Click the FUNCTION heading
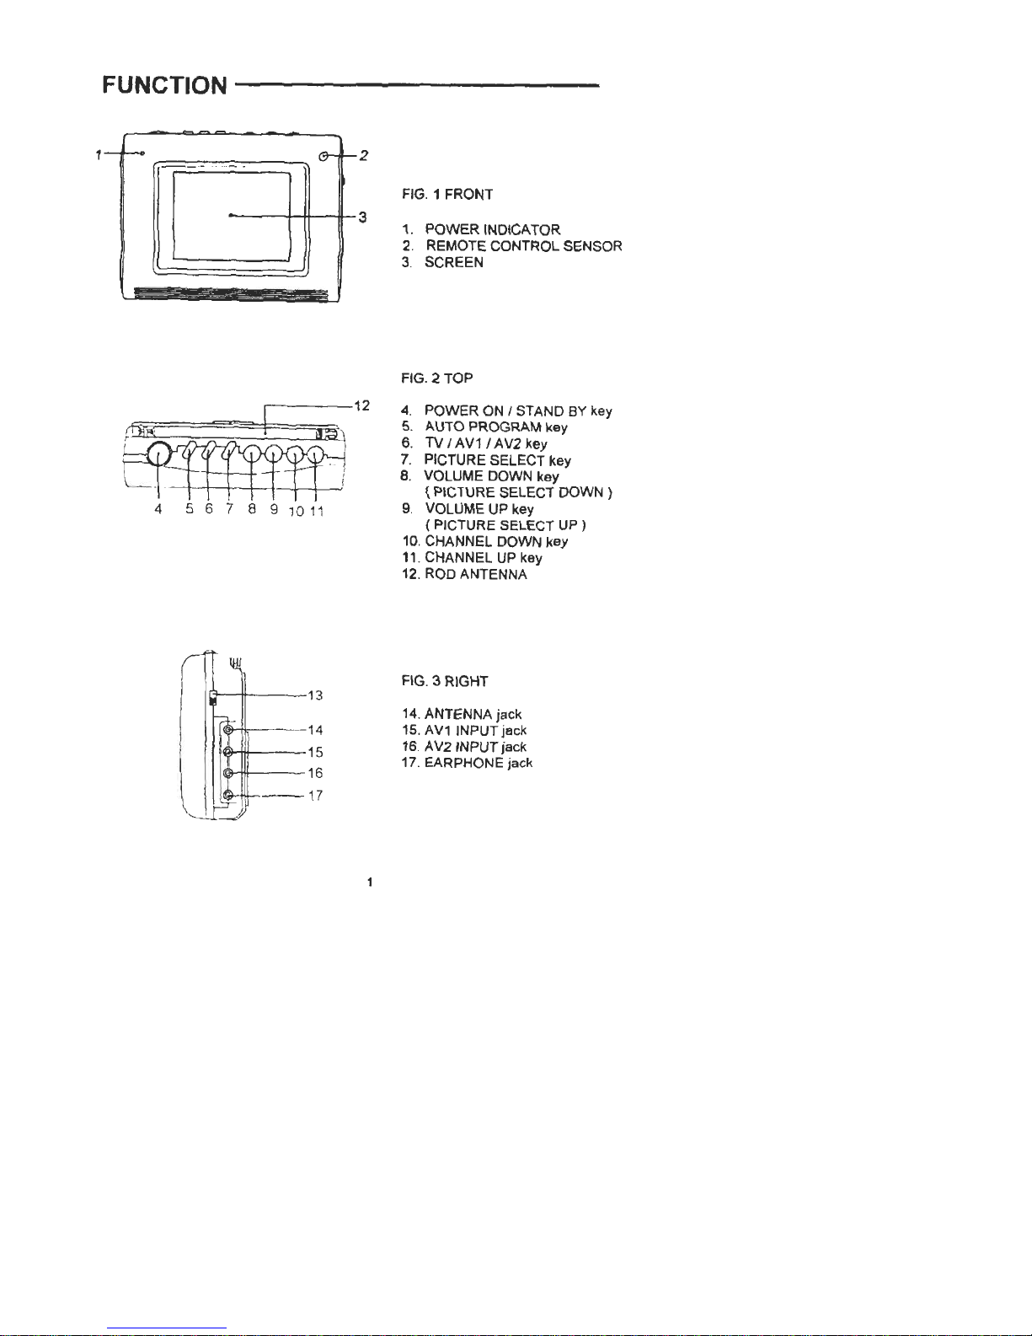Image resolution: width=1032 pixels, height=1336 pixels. (164, 85)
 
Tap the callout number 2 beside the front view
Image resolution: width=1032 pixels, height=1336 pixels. (363, 155)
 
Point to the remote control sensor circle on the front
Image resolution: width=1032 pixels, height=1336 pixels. (325, 156)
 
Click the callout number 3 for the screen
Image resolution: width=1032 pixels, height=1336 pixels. (362, 217)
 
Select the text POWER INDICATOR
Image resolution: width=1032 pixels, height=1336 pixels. (492, 229)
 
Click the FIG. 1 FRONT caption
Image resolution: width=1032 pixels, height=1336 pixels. (447, 195)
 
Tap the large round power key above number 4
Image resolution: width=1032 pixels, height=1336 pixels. (158, 455)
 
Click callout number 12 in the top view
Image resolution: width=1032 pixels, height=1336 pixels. (361, 405)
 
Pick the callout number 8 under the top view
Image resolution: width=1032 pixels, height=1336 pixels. (252, 509)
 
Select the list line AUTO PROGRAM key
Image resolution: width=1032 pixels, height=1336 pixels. (495, 427)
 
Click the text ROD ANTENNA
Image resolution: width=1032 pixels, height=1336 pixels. (476, 575)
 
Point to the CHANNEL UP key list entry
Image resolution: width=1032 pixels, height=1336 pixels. (483, 558)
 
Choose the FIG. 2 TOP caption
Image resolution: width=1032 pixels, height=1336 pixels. (436, 378)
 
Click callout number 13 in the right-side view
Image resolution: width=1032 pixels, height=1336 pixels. (315, 695)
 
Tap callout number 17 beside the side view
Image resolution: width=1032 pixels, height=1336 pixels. (315, 795)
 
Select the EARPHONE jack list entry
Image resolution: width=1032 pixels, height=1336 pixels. (478, 763)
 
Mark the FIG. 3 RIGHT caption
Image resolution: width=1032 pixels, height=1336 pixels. (445, 681)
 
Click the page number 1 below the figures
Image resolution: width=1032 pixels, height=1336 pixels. (370, 882)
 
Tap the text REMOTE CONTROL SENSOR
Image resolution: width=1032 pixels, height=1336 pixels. (523, 246)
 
